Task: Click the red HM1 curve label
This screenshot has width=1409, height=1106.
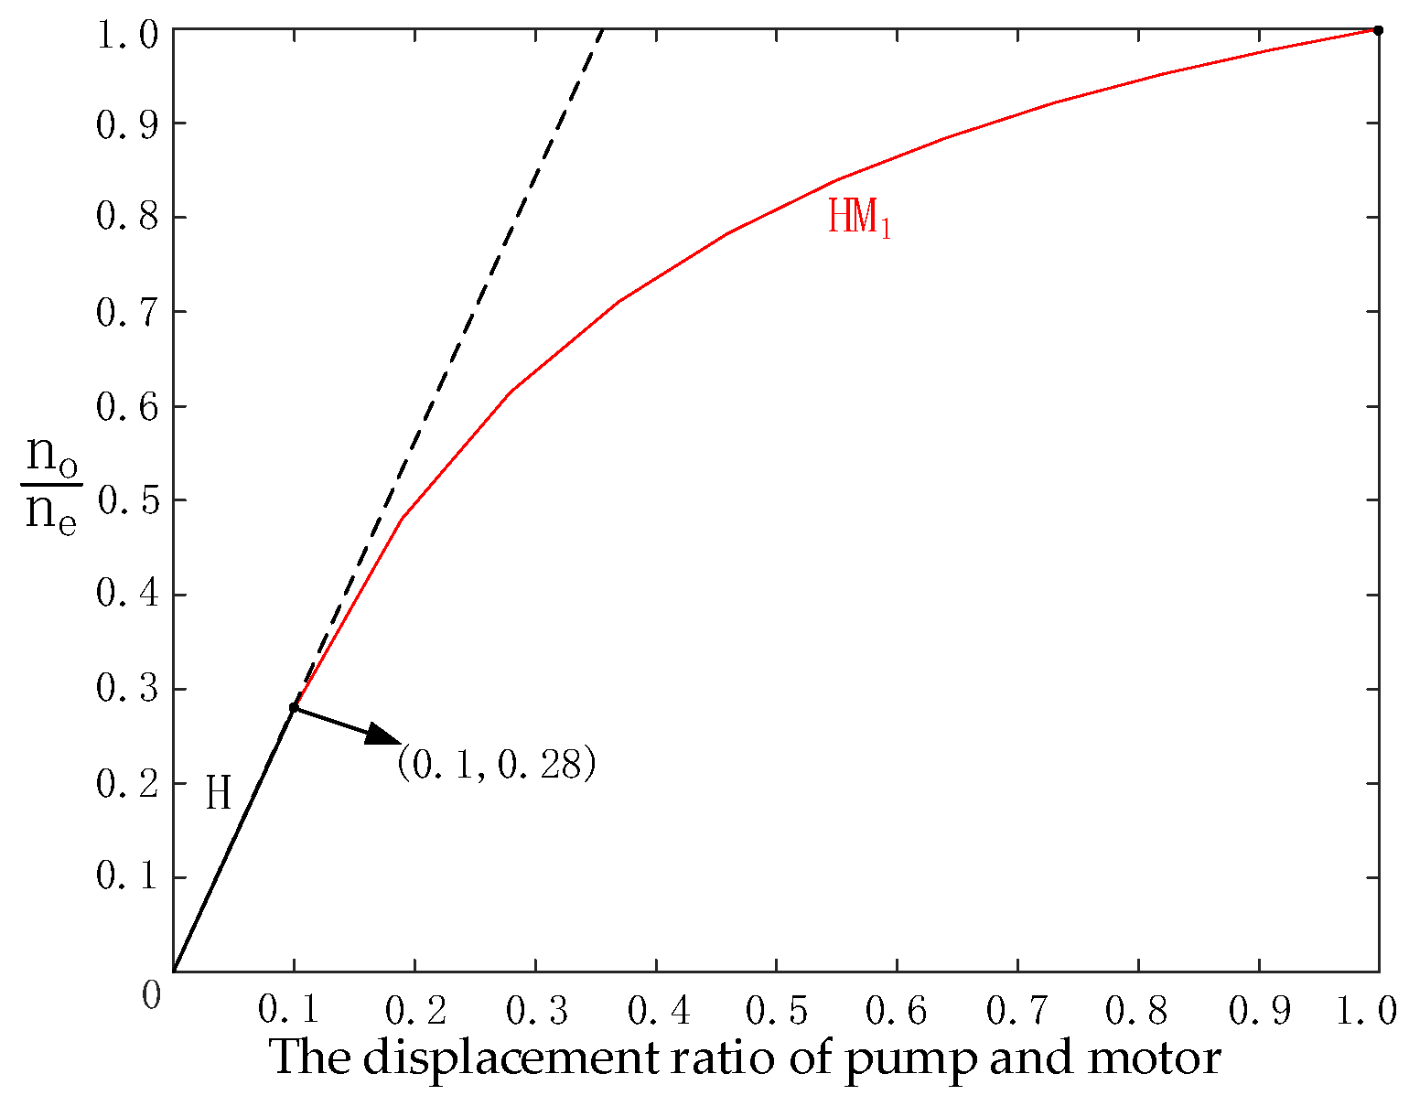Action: (x=858, y=219)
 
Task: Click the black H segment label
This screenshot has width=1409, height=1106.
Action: (x=218, y=793)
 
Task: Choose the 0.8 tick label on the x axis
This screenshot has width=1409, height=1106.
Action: (x=1137, y=1010)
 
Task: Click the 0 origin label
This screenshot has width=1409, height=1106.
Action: (x=152, y=994)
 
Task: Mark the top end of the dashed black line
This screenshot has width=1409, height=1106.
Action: (x=603, y=31)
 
